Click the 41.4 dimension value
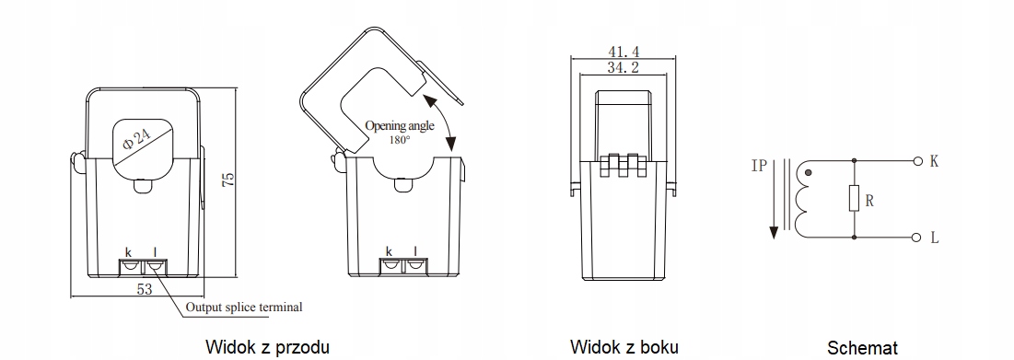coord(624,51)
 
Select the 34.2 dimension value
coord(624,70)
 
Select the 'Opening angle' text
coord(399,126)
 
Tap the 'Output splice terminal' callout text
coord(243,307)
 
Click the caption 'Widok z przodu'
coord(267,346)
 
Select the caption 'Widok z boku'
coord(624,346)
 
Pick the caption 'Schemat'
coord(862,347)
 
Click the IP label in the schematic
coord(757,168)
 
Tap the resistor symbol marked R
coord(854,198)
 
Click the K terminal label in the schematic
coord(933,161)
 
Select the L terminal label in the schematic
coord(933,238)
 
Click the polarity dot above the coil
coord(808,172)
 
